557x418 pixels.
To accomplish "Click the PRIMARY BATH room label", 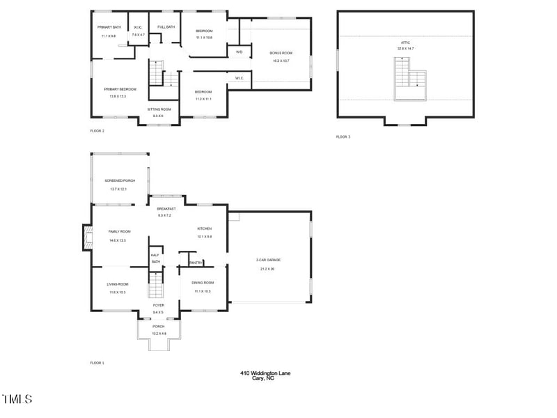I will coord(109,27).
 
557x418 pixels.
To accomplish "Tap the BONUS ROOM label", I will coord(281,53).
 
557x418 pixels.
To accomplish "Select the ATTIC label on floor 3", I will coord(405,42).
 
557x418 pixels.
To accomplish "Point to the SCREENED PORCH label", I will coord(120,180).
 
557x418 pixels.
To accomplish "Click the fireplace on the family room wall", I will coord(87,237).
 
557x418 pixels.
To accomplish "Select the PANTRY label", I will coord(195,263).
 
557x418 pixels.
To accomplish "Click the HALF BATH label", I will coord(155,258).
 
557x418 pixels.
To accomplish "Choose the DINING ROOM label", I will coord(203,282).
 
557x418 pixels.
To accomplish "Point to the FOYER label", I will coord(159,305).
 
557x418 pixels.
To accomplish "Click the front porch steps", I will coord(159,343).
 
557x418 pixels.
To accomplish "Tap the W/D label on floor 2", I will coord(239,52).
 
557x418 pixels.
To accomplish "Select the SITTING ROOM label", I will coord(159,109).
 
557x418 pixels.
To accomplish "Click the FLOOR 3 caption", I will coord(343,137).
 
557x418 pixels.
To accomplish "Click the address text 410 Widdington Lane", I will coord(265,373).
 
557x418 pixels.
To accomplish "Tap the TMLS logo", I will coord(17,399).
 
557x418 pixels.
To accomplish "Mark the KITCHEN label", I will coord(204,229).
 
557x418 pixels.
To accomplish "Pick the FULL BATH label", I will coord(166,27).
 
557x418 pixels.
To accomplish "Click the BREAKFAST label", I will coord(166,209).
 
